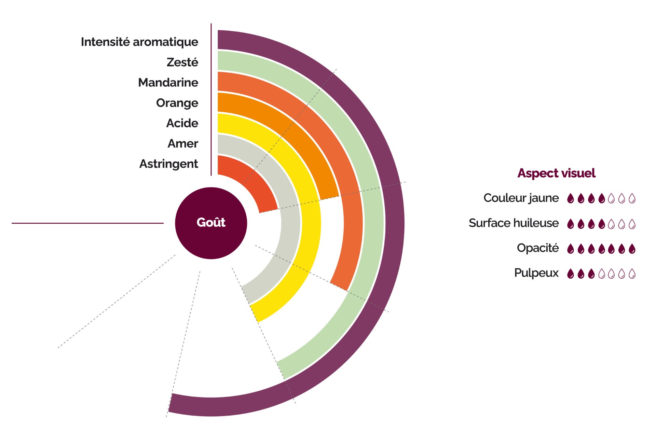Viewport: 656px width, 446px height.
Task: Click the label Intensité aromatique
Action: (x=139, y=42)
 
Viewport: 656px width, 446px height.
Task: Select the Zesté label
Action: (x=182, y=62)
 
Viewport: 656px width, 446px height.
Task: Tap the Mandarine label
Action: (x=168, y=83)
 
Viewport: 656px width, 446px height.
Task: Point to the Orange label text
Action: (x=177, y=103)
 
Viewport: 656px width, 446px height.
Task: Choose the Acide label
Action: (x=182, y=123)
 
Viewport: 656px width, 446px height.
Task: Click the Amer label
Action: (x=183, y=144)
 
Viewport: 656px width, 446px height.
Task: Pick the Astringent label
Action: (x=168, y=164)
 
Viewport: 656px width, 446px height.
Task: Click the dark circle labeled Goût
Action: (x=211, y=223)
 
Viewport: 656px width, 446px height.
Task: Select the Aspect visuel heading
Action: (x=556, y=173)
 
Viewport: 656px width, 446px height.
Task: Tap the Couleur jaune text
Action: (x=521, y=198)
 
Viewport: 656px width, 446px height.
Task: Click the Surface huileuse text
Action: (x=514, y=223)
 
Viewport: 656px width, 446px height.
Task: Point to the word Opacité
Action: (x=537, y=248)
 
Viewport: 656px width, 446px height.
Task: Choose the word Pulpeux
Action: (x=536, y=273)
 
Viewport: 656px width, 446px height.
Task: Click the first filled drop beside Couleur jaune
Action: (x=570, y=198)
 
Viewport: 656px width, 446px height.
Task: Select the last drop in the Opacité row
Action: (x=632, y=249)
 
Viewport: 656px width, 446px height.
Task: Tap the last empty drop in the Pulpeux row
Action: (x=632, y=274)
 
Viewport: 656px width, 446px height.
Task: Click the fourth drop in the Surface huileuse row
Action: (x=602, y=224)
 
